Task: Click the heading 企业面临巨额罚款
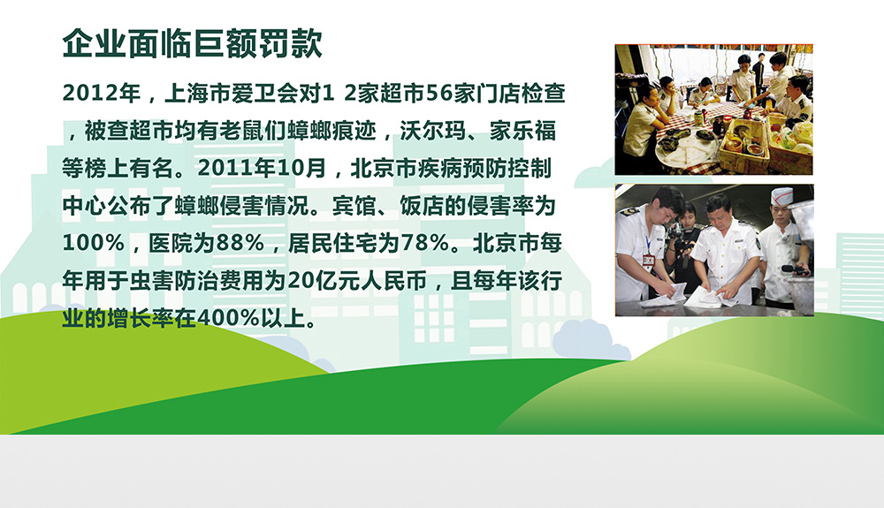pos(192,43)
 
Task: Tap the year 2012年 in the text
pos(102,94)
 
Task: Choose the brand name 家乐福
pos(522,131)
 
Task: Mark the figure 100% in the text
pos(94,243)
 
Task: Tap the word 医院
pos(171,243)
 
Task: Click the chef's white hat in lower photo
pos(781,196)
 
